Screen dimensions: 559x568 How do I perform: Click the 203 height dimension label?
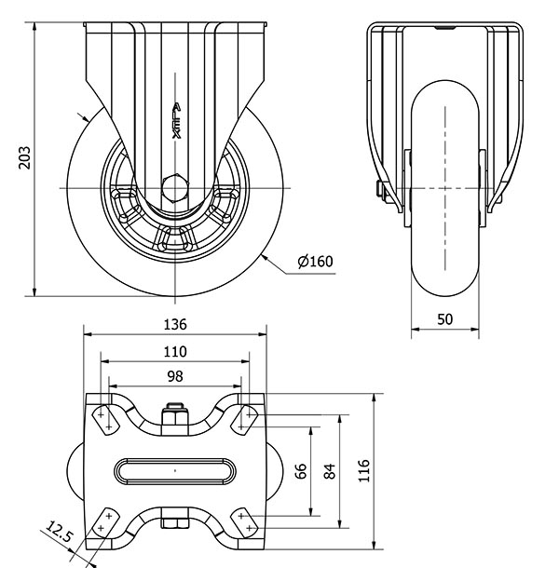[x=24, y=157]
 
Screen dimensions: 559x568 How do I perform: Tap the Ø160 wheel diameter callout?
[x=315, y=261]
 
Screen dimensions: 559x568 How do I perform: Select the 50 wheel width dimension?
[x=444, y=319]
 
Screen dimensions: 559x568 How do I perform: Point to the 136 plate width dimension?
[x=175, y=324]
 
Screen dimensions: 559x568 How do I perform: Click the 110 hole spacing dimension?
[x=175, y=351]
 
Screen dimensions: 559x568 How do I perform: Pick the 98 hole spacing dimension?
[x=175, y=376]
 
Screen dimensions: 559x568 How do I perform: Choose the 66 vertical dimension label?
[x=301, y=471]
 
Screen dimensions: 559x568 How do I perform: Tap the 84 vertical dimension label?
[x=330, y=471]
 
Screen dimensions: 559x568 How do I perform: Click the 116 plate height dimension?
[x=363, y=470]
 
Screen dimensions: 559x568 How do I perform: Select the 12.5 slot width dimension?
[x=60, y=531]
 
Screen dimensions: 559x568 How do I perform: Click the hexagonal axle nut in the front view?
[x=175, y=188]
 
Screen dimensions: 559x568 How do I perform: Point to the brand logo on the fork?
[x=176, y=121]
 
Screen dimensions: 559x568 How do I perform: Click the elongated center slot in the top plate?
[x=175, y=471]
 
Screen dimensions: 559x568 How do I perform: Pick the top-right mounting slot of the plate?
[x=245, y=421]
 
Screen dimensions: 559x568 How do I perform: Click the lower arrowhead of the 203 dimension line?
[x=34, y=291]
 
